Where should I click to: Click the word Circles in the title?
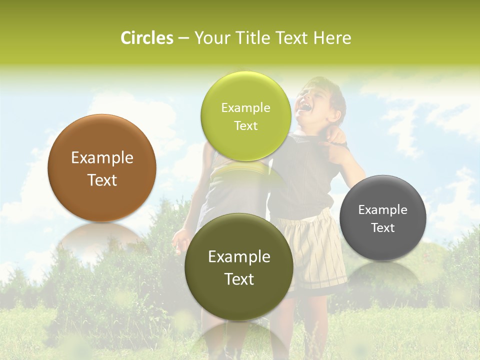click(x=147, y=38)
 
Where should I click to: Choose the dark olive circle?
click(x=239, y=300)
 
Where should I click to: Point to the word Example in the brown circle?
click(x=102, y=158)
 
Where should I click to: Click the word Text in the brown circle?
click(x=102, y=180)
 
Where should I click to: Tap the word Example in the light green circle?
click(x=245, y=108)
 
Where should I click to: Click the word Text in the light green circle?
click(x=245, y=126)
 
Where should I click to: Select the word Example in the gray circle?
click(x=383, y=210)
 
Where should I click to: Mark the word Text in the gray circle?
click(x=383, y=228)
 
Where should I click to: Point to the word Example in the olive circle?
click(x=239, y=257)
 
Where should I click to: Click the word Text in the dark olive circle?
click(x=239, y=279)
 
